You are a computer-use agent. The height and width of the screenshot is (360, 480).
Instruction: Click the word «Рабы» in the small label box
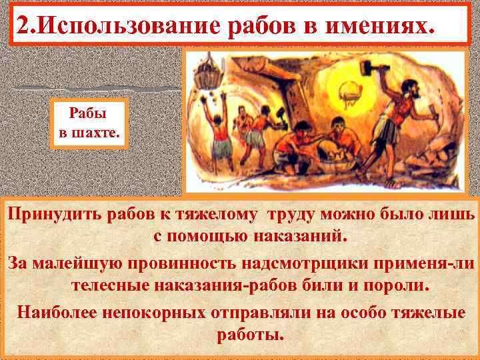[88, 110]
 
